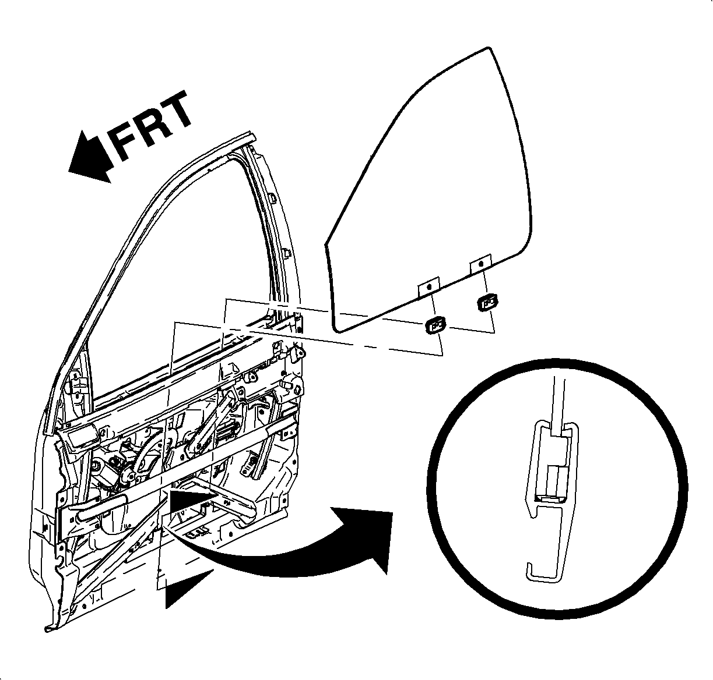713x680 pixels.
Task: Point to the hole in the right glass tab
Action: click(x=480, y=264)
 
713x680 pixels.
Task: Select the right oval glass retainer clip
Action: click(x=487, y=302)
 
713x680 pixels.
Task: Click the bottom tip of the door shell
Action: click(x=49, y=628)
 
